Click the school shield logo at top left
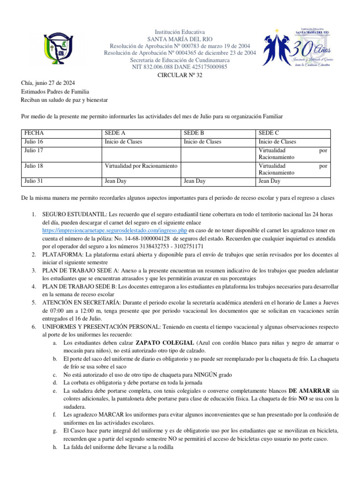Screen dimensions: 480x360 [x=55, y=49]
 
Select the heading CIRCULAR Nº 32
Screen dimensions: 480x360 [x=180, y=75]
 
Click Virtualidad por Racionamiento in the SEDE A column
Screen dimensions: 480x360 [x=141, y=165]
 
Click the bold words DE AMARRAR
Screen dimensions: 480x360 [x=309, y=390]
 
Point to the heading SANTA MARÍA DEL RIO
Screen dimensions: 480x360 [x=180, y=39]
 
